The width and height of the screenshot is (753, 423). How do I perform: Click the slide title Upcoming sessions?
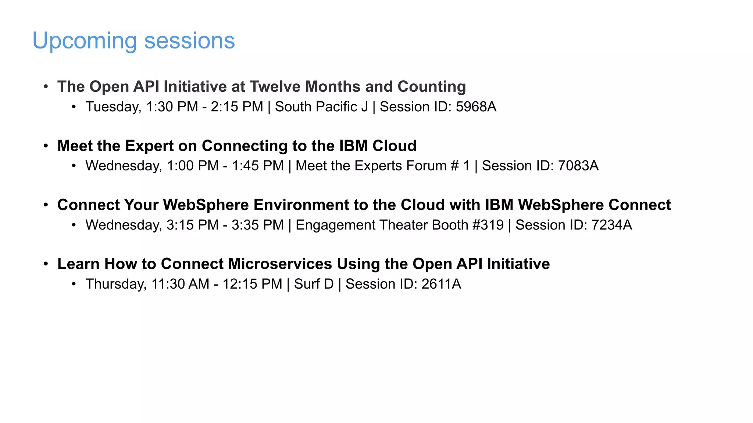pos(133,40)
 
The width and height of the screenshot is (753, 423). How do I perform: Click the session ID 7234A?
pos(611,225)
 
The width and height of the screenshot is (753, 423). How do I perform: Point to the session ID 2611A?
pos(441,284)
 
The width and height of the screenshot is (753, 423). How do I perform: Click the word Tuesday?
pos(113,107)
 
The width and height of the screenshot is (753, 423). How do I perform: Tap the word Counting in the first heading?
pos(431,87)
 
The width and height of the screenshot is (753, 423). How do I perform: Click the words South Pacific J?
pos(321,107)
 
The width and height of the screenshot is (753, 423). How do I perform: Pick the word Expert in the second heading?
pos(149,146)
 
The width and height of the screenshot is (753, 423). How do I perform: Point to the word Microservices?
pos(280,264)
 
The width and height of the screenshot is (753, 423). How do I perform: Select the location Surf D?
pos(314,284)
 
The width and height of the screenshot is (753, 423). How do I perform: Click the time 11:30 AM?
pos(180,284)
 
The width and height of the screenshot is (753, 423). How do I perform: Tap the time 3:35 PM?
pos(257,225)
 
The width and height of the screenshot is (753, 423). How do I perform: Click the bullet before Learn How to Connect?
pos(46,264)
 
